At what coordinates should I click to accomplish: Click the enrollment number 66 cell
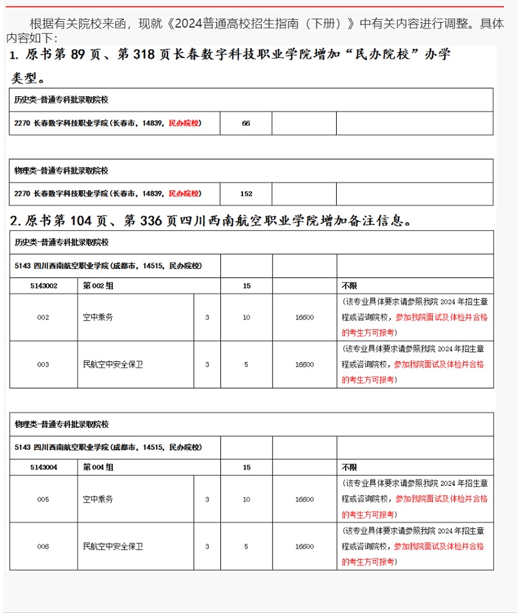[x=246, y=123]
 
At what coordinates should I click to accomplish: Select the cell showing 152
[x=246, y=194]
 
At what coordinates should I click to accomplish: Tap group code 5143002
[x=43, y=285]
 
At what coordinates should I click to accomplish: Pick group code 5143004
[x=43, y=467]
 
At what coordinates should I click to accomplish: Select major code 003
[x=43, y=365]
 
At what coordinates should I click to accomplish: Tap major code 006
[x=43, y=547]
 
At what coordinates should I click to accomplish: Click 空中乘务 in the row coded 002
[x=98, y=317]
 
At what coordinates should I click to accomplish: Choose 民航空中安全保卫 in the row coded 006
[x=113, y=547]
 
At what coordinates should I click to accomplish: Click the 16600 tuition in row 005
[x=304, y=499]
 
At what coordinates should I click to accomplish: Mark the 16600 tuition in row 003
[x=304, y=365]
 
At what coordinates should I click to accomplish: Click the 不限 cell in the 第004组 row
[x=349, y=467]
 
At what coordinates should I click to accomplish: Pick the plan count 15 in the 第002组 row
[x=246, y=285]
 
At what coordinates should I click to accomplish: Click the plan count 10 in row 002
[x=246, y=317]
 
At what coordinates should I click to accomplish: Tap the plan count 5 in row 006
[x=246, y=547]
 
